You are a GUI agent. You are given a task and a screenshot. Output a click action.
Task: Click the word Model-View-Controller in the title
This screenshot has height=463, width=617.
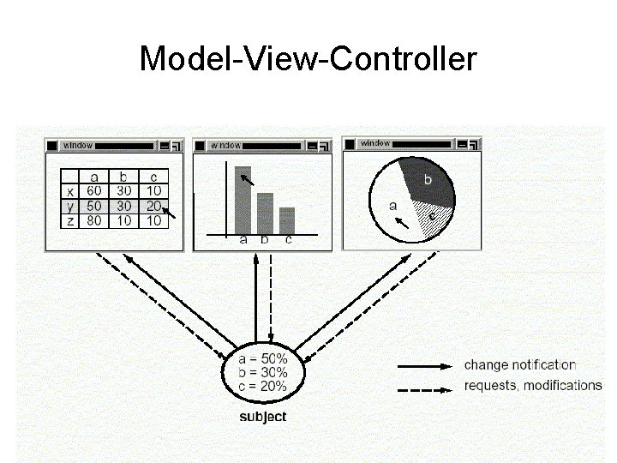308,59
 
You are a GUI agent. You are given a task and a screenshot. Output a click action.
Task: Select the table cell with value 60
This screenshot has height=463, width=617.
94,191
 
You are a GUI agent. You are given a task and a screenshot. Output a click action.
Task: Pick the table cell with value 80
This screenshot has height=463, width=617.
94,220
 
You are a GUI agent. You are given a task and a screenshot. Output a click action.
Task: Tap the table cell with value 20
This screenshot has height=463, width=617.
153,206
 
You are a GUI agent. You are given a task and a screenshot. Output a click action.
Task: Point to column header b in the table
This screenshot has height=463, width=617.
123,177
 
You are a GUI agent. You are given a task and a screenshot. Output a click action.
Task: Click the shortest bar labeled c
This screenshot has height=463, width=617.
287,220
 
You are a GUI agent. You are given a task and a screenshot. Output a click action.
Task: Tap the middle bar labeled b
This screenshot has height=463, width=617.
265,213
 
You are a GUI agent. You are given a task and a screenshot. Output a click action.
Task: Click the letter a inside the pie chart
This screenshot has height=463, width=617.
393,206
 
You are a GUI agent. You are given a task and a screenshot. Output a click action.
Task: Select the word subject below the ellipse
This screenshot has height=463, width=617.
262,418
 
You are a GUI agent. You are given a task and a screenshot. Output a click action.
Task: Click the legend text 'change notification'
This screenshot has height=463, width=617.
520,365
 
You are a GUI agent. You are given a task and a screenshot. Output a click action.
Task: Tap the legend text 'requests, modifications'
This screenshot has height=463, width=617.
533,385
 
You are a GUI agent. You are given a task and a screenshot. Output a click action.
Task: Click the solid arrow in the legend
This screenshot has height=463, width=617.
425,366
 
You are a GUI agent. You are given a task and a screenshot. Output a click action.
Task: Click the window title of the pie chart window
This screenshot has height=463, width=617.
375,143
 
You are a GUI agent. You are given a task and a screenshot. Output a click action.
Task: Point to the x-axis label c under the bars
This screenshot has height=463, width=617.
289,241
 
